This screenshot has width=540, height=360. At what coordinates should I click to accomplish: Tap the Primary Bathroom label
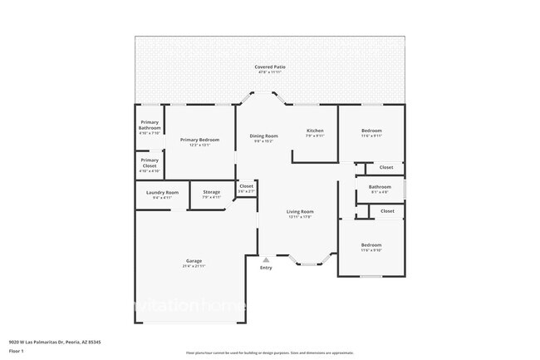[x=150, y=125]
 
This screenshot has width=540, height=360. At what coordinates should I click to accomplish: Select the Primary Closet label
[x=150, y=163]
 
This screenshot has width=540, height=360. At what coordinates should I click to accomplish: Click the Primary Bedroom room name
[x=200, y=140]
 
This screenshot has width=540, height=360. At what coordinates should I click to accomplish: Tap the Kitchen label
[x=315, y=131]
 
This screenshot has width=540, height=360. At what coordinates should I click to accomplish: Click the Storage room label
[x=212, y=192]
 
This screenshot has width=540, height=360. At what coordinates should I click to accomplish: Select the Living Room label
[x=299, y=212]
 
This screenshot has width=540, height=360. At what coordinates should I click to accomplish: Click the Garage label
[x=193, y=262]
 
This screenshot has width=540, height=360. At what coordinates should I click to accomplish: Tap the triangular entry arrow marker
[x=266, y=259]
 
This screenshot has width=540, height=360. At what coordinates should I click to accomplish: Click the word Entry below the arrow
[x=266, y=268]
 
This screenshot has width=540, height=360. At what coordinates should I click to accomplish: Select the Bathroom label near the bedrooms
[x=380, y=187]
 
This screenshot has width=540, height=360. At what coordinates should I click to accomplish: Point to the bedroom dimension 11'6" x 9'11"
[x=371, y=136]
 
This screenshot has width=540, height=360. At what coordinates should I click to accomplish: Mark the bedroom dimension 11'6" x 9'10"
[x=371, y=249]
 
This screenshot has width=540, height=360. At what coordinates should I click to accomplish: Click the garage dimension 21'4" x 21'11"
[x=193, y=267]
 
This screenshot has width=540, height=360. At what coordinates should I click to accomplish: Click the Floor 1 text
[x=17, y=352]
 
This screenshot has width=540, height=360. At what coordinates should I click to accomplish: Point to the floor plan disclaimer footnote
[x=270, y=353]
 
